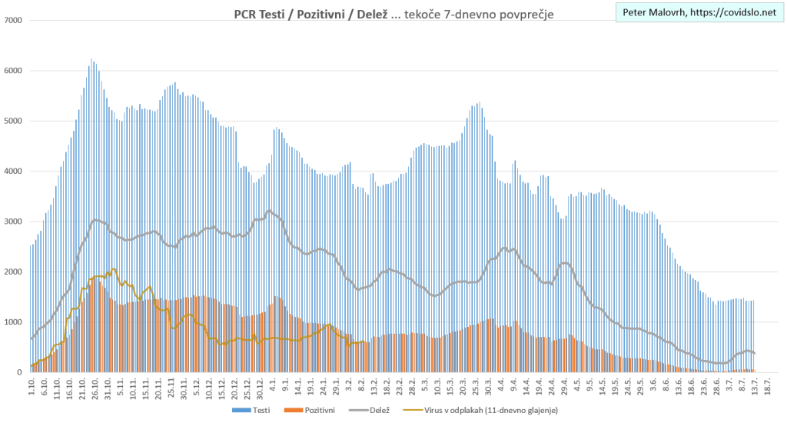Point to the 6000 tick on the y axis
pos(15,71)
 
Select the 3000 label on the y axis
pos(15,221)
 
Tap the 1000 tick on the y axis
pos(15,322)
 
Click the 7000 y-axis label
pos(15,21)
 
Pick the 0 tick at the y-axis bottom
pos(22,372)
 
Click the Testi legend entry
pos(253,411)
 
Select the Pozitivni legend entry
pos(313,411)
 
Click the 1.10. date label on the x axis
pos(32,387)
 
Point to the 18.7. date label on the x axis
pos(769,387)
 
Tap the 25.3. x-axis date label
pos(475,387)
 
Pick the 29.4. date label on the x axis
pos(564,387)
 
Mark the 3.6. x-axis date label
pos(653,387)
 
